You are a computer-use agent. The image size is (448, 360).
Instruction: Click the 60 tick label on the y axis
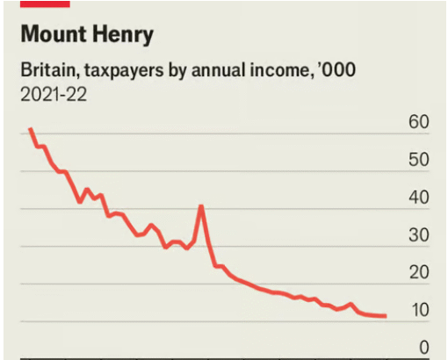418,122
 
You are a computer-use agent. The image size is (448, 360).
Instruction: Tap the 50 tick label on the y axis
418,160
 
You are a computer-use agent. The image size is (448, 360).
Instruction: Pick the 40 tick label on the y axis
418,198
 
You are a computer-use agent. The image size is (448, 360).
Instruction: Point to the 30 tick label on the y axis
418,235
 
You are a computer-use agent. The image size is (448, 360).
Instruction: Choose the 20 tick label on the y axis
418,273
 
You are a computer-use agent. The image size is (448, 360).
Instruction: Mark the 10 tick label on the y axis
418,310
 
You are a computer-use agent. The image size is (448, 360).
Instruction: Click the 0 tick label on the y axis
423,348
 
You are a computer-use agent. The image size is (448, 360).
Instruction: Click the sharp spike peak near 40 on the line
202,206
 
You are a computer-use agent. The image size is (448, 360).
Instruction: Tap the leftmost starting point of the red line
30,129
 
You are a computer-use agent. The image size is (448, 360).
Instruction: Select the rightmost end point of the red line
386,316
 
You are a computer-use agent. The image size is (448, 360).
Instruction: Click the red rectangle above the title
44,3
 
